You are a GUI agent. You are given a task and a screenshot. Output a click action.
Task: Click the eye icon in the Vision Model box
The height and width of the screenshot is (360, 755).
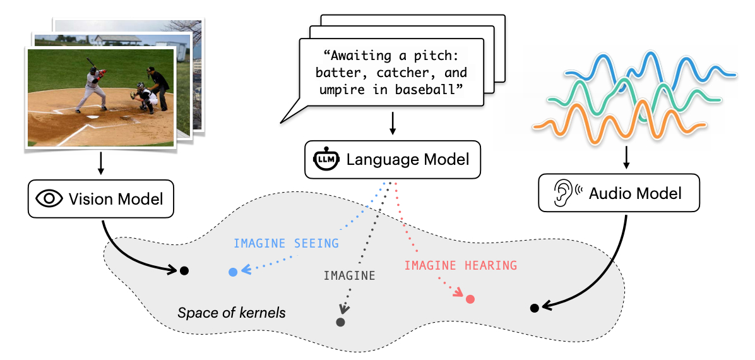[x=50, y=199]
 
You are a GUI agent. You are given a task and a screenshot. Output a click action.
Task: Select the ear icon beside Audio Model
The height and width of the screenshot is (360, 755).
[x=563, y=193]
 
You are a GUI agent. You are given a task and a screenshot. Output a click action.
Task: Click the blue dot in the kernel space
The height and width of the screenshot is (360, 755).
[x=233, y=272]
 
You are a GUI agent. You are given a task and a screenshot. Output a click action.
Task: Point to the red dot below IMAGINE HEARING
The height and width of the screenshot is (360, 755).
[x=470, y=299]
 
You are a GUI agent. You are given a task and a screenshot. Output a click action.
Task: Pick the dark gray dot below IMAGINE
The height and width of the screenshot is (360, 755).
[x=340, y=322]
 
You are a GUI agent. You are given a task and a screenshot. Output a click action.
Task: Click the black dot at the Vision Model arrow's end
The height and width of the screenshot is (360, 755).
[x=184, y=270]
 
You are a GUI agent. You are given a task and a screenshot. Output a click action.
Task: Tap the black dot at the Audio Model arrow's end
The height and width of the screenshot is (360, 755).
[x=534, y=308]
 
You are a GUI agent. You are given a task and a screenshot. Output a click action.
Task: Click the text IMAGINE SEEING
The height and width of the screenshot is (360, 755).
[x=286, y=243]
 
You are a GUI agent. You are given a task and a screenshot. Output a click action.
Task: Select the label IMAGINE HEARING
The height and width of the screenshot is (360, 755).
[x=460, y=265]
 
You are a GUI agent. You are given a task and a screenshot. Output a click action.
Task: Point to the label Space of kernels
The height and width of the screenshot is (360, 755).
[x=232, y=313]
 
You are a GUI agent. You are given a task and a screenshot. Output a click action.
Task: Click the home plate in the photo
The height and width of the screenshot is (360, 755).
[x=93, y=117]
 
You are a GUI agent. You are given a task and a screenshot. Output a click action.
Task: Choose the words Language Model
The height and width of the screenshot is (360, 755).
[x=407, y=159]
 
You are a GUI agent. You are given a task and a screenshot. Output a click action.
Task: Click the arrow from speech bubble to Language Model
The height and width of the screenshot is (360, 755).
[x=393, y=123]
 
